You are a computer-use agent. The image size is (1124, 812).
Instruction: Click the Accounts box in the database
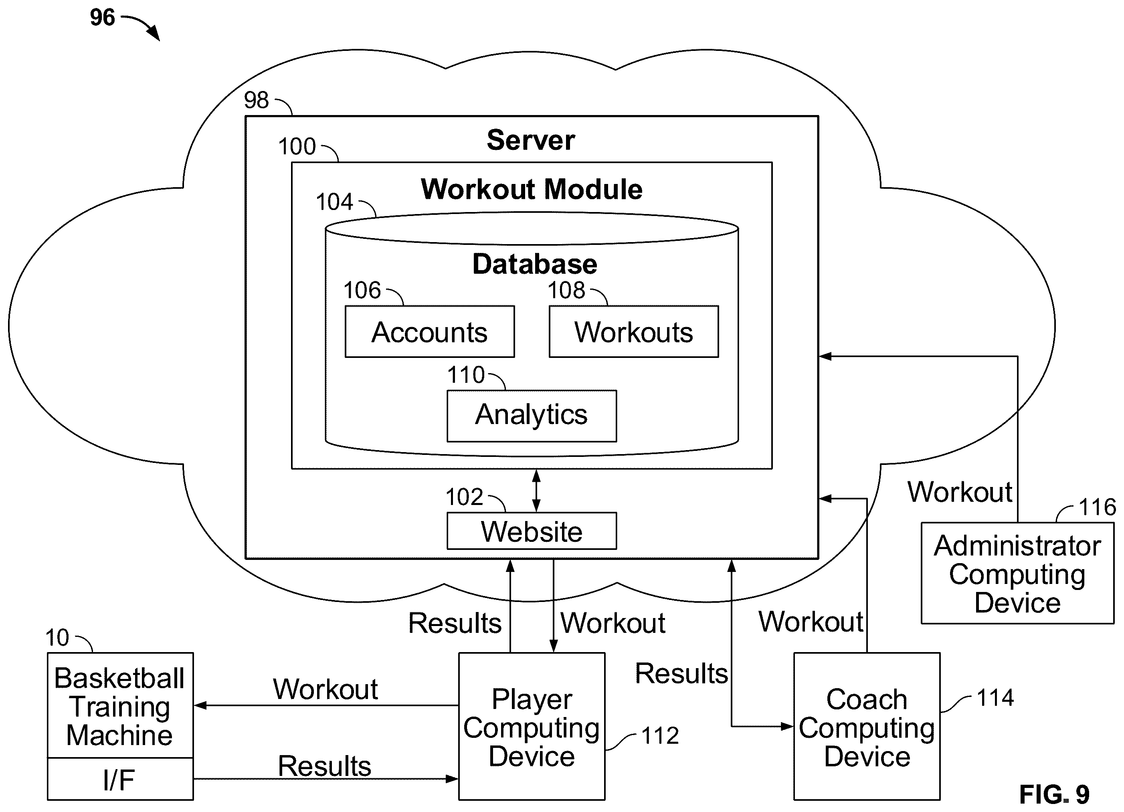point(430,331)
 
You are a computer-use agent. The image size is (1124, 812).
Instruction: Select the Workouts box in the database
point(633,331)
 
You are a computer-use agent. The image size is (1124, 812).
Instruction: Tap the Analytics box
point(532,416)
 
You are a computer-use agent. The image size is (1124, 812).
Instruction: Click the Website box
point(532,531)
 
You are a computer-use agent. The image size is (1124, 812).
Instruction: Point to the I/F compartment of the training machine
point(120,779)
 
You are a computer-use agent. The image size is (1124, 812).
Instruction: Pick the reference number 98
point(256,100)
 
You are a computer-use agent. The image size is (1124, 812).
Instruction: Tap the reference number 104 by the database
point(335,202)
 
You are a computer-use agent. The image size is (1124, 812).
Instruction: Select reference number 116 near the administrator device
point(1097,507)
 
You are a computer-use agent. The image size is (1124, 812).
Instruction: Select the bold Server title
point(531,140)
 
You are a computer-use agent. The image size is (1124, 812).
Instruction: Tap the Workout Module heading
point(532,189)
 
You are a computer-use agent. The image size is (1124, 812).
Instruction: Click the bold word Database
point(535,264)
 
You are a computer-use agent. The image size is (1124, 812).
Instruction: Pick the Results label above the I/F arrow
point(325,766)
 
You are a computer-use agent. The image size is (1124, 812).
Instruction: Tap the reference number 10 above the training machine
point(57,638)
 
